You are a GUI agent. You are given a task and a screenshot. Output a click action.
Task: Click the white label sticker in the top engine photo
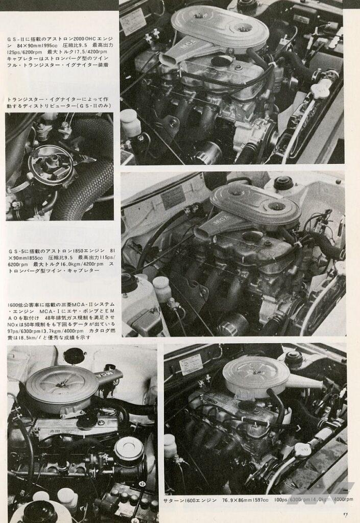133,21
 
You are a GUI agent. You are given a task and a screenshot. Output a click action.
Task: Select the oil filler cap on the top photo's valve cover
222,61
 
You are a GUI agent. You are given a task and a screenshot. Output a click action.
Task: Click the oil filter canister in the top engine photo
209,152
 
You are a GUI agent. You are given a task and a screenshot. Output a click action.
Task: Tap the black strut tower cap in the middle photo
283,183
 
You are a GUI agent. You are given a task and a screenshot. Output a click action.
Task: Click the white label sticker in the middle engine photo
173,197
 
